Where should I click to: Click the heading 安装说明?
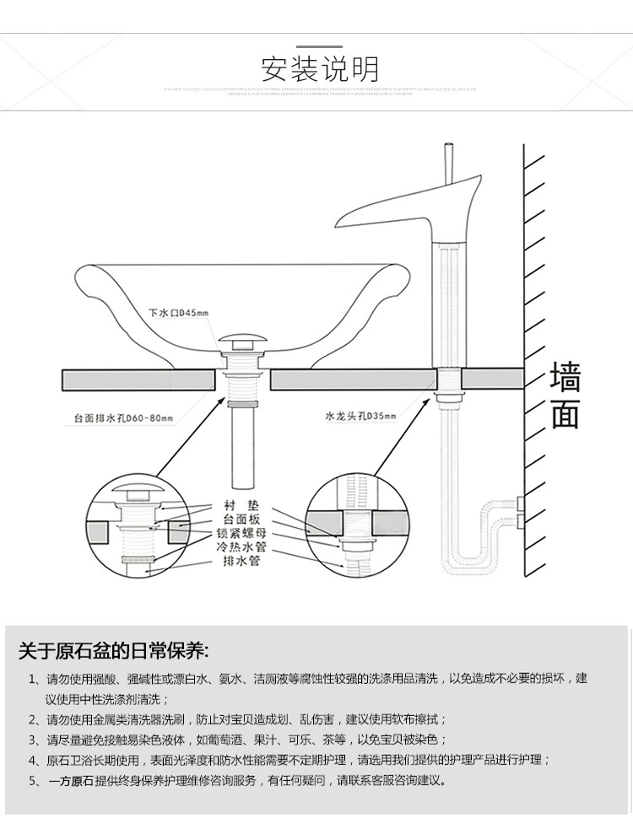coord(320,67)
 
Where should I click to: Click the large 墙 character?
coord(565,378)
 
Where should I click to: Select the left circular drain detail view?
coord(140,529)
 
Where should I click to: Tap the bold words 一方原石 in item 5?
coord(71,781)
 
